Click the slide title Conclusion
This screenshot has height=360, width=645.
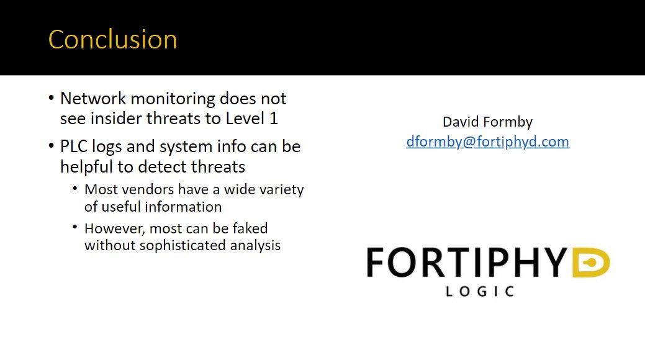click(x=113, y=40)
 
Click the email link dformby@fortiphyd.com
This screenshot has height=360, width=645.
click(x=487, y=142)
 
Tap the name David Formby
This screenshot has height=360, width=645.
click(x=487, y=122)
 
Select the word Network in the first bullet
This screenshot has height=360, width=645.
click(x=93, y=99)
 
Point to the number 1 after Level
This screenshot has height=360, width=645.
click(x=274, y=119)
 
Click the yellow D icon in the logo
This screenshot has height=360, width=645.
click(x=591, y=263)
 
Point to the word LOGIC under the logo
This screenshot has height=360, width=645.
click(x=480, y=292)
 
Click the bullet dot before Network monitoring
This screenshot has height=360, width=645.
click(x=51, y=98)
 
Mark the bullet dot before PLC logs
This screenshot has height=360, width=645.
click(x=51, y=146)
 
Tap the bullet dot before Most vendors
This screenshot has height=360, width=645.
click(x=75, y=189)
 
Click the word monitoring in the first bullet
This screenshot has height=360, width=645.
click(x=173, y=99)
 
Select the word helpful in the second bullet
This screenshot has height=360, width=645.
click(x=86, y=167)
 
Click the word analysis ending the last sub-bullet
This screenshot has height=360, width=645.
click(x=255, y=246)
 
